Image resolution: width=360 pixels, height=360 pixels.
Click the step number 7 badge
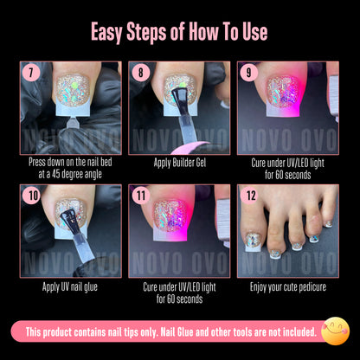point(31,72)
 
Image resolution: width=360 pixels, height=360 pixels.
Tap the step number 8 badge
point(140,72)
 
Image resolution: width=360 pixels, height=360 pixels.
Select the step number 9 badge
point(249,72)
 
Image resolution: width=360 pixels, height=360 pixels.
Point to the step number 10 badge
point(32,195)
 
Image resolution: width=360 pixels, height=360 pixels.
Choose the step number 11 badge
point(140,195)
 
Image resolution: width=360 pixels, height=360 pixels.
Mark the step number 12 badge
point(249,195)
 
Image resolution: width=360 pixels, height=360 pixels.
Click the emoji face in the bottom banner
point(335,331)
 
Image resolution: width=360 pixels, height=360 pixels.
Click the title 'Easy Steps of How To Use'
point(180,33)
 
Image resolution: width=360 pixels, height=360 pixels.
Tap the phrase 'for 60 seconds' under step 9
point(288,173)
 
